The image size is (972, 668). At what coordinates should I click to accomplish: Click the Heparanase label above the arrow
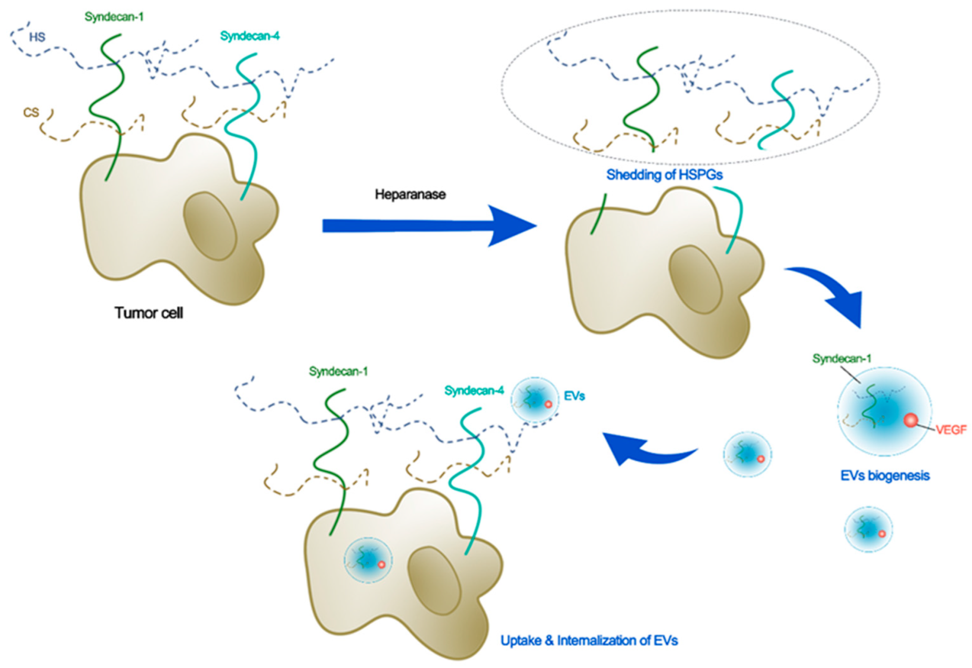[x=410, y=195]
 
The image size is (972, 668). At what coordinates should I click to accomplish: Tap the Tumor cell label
[x=148, y=313]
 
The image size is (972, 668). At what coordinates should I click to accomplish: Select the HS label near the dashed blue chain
[x=37, y=37]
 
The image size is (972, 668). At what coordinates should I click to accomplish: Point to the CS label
[x=31, y=112]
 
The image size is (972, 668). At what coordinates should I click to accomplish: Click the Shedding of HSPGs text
[x=664, y=175]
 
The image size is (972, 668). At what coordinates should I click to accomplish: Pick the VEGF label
[x=950, y=429]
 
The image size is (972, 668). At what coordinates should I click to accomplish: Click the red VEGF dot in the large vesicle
[x=910, y=420]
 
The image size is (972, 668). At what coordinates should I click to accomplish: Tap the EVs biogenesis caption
[x=884, y=476]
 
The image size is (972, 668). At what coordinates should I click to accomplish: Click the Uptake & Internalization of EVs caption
[x=589, y=640]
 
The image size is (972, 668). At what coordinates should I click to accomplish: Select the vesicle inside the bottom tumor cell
[x=368, y=560]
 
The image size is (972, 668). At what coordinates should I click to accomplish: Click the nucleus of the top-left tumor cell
[x=210, y=226]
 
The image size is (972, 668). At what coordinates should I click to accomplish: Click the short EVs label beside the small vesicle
[x=574, y=396]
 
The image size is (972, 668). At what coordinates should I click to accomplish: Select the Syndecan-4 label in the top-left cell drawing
[x=249, y=36]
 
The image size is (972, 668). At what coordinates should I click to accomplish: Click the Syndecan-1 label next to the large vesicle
[x=841, y=359]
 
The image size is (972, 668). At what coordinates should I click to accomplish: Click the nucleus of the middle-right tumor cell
[x=696, y=280]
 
